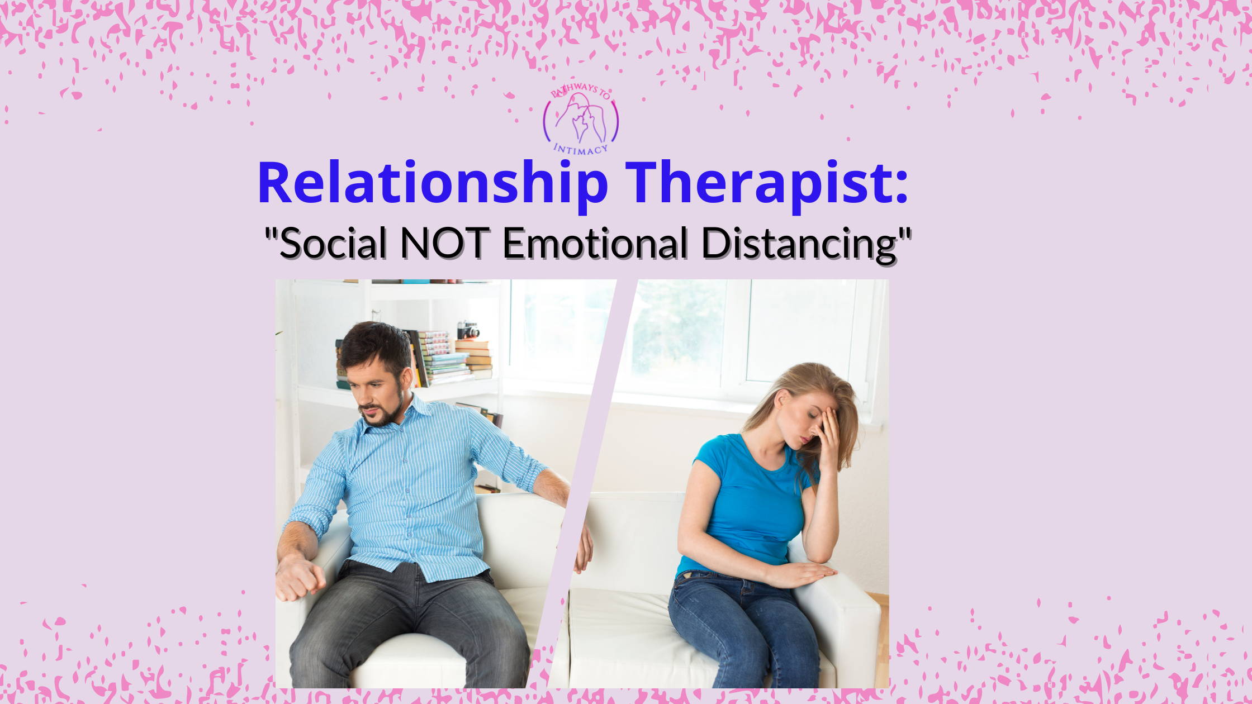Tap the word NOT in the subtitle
pos(445,244)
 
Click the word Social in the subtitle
pos(333,244)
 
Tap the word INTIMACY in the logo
pos(580,149)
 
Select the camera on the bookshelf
pos(468,330)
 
